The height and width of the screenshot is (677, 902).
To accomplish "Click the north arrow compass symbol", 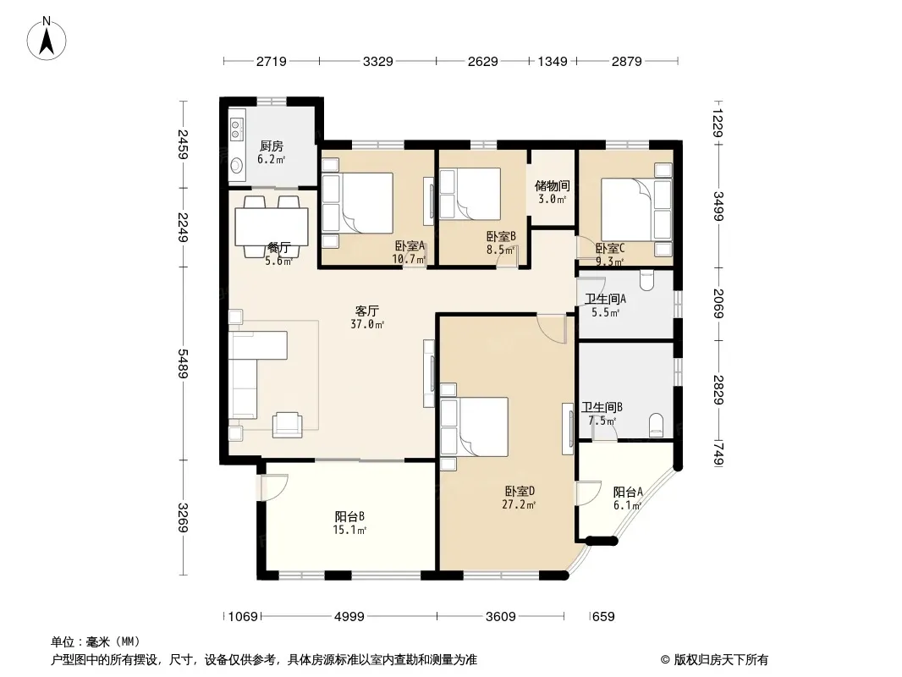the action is tap(47, 38).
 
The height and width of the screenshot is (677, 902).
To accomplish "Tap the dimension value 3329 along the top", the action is tap(378, 61).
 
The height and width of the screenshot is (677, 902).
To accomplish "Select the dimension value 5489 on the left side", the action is tap(183, 364).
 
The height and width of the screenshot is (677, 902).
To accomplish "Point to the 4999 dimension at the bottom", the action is tap(349, 617).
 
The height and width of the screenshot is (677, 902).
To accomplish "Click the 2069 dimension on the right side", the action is tap(718, 303).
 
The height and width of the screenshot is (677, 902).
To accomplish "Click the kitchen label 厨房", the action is tap(271, 146).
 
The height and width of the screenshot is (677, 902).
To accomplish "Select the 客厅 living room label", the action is tap(367, 311).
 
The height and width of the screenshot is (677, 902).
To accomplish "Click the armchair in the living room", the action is tap(287, 425).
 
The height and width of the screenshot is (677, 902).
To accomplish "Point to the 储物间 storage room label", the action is tap(553, 186).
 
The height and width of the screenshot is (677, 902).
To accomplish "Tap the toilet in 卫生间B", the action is tap(656, 425).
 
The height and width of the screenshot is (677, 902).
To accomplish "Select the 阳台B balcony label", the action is tap(349, 516).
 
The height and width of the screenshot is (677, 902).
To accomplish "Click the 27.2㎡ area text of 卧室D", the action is tap(520, 505).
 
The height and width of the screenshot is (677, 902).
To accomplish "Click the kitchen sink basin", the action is tap(236, 166).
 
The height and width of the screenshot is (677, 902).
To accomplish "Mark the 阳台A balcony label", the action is tap(628, 492).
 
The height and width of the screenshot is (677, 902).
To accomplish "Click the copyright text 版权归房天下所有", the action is tap(721, 660).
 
